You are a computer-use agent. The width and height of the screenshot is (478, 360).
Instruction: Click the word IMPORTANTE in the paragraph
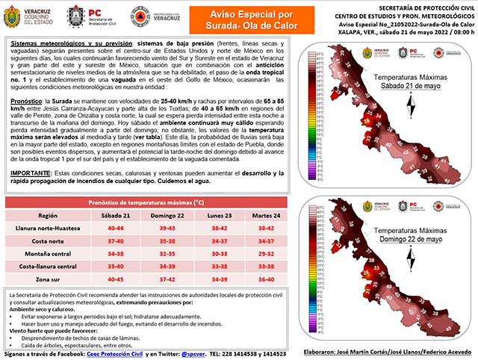pyautogui.click(x=34, y=173)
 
